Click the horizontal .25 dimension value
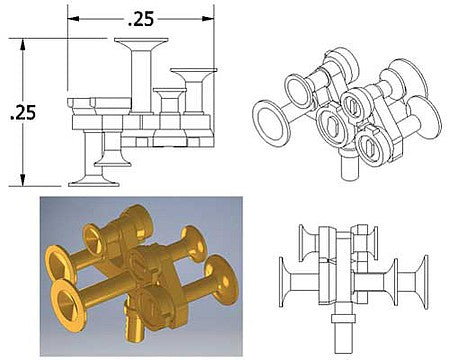click(x=141, y=19)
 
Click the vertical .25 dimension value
click(x=23, y=112)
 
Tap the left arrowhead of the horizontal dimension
click(x=73, y=19)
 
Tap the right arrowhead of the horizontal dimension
click(x=208, y=19)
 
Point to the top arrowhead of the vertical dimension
click(x=23, y=45)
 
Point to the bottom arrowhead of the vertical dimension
click(x=23, y=180)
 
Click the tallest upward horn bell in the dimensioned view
click(x=141, y=41)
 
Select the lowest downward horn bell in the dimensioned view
click(x=94, y=183)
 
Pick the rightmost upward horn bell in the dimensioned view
click(x=193, y=71)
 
